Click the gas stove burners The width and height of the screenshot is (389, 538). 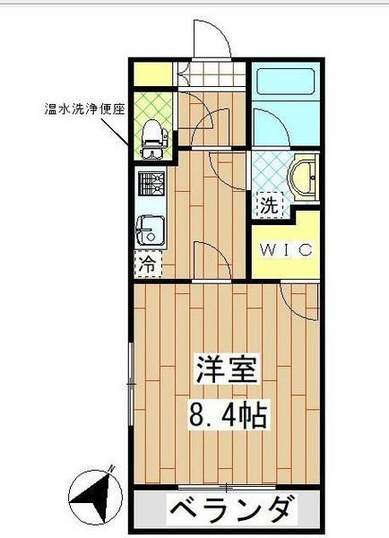click(x=149, y=185)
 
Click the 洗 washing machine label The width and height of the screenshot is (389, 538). click(x=269, y=204)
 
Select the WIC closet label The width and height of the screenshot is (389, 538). click(x=286, y=250)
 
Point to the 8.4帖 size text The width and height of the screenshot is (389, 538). click(x=228, y=415)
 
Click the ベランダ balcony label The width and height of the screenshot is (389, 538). click(x=230, y=511)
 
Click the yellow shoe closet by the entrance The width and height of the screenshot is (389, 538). click(x=153, y=74)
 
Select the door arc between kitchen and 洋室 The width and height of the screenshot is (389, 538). click(x=212, y=260)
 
